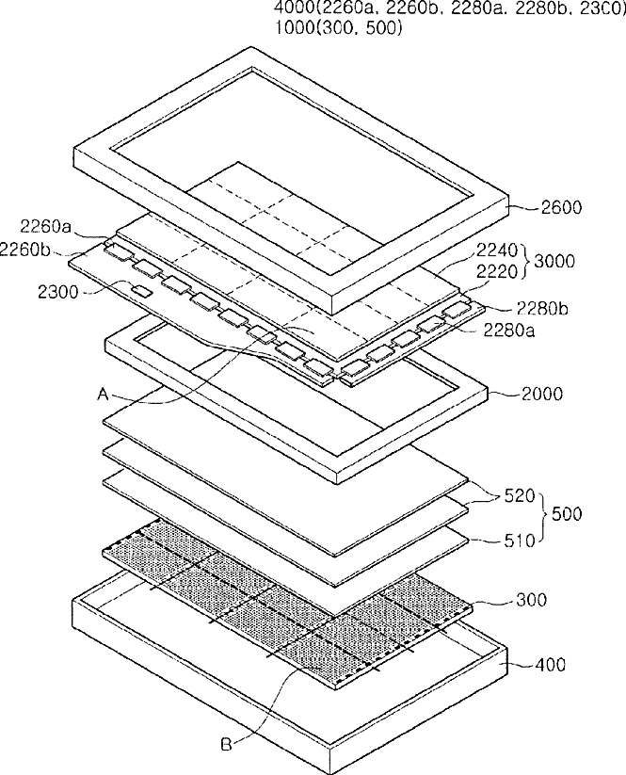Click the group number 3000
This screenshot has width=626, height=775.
tap(561, 262)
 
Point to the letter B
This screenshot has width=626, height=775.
tap(227, 744)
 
